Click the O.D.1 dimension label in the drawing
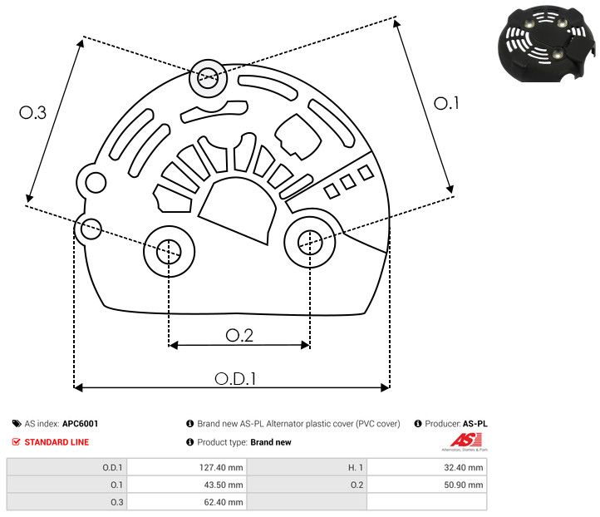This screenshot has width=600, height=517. pyautogui.click(x=235, y=378)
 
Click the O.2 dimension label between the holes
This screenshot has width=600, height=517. pyautogui.click(x=239, y=335)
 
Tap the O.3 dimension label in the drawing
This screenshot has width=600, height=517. pyautogui.click(x=32, y=113)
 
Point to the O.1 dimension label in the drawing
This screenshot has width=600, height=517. pyautogui.click(x=446, y=103)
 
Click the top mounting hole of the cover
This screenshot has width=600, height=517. pyautogui.click(x=206, y=80)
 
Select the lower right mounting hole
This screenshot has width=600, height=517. pyautogui.click(x=310, y=242)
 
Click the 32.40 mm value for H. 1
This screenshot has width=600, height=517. pyautogui.click(x=464, y=467)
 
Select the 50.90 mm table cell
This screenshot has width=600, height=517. pyautogui.click(x=464, y=485)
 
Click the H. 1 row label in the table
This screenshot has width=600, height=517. pyautogui.click(x=347, y=467)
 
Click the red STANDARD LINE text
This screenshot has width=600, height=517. pyautogui.click(x=57, y=442)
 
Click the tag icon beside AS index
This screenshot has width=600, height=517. pyautogui.click(x=17, y=424)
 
